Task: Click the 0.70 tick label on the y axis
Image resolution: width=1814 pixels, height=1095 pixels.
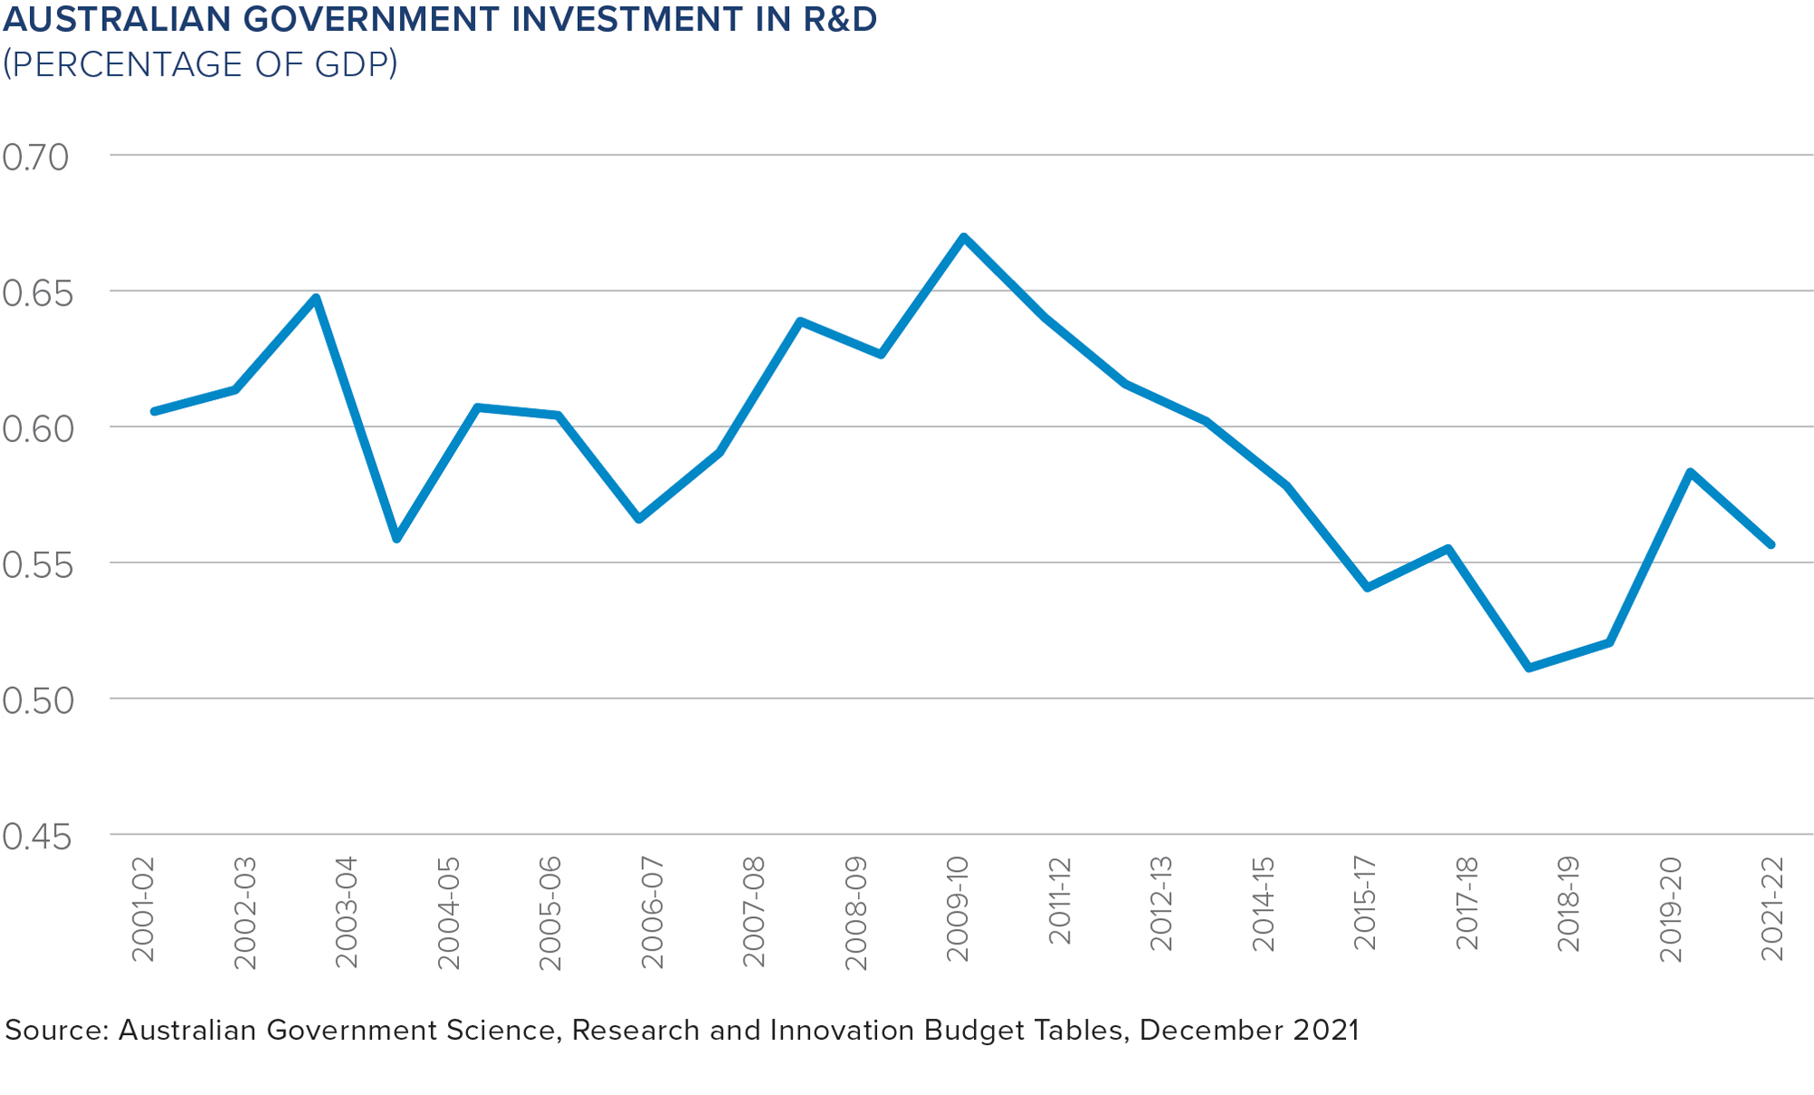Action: coord(35,158)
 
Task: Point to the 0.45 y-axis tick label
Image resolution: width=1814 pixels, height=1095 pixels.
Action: coord(36,837)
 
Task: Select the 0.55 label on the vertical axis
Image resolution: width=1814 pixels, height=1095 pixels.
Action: coord(36,565)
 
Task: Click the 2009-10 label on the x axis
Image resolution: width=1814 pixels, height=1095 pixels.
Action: coord(958,908)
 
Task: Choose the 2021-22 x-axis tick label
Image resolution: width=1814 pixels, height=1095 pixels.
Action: coord(1772,908)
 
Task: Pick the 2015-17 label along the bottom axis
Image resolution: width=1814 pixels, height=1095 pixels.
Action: coord(1365,903)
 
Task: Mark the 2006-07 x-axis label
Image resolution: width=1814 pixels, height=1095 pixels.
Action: coord(652,912)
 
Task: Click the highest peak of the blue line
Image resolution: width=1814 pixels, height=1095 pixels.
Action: coord(963,237)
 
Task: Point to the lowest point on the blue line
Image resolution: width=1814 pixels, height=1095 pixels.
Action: coord(1529,668)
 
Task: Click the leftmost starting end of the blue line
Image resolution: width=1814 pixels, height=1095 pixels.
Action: coord(154,411)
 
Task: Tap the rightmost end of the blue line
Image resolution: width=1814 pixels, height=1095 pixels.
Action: coord(1770,544)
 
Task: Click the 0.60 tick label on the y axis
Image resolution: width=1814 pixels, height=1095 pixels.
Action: coord(36,429)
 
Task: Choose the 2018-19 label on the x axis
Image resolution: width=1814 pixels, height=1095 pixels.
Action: coord(1569,904)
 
